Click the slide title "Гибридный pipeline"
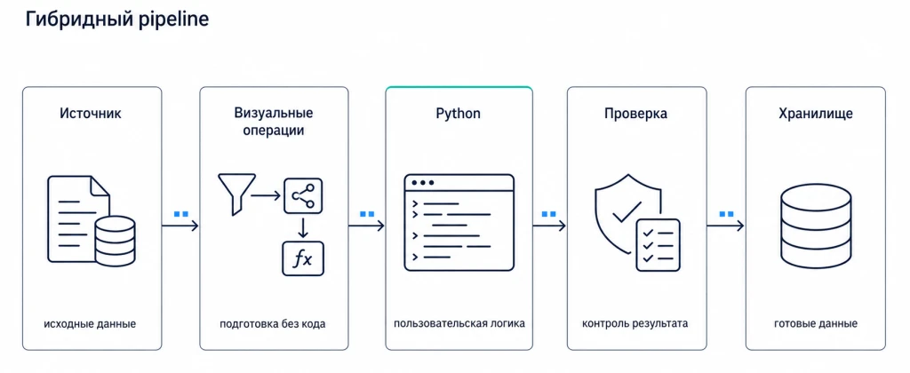(x=116, y=20)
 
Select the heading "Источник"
(x=91, y=113)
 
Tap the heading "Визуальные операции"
(x=274, y=122)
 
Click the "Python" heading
(x=459, y=114)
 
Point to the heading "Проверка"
(x=636, y=114)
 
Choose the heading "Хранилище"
(x=816, y=114)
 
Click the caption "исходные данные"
(x=90, y=323)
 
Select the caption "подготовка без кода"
(x=273, y=323)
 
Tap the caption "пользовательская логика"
(x=459, y=323)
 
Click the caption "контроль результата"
(x=635, y=323)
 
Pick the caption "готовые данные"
(x=816, y=323)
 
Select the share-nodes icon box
(x=302, y=196)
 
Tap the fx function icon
(x=302, y=258)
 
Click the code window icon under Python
(x=459, y=222)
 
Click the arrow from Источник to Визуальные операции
(x=180, y=225)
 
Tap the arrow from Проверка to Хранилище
(x=725, y=225)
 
